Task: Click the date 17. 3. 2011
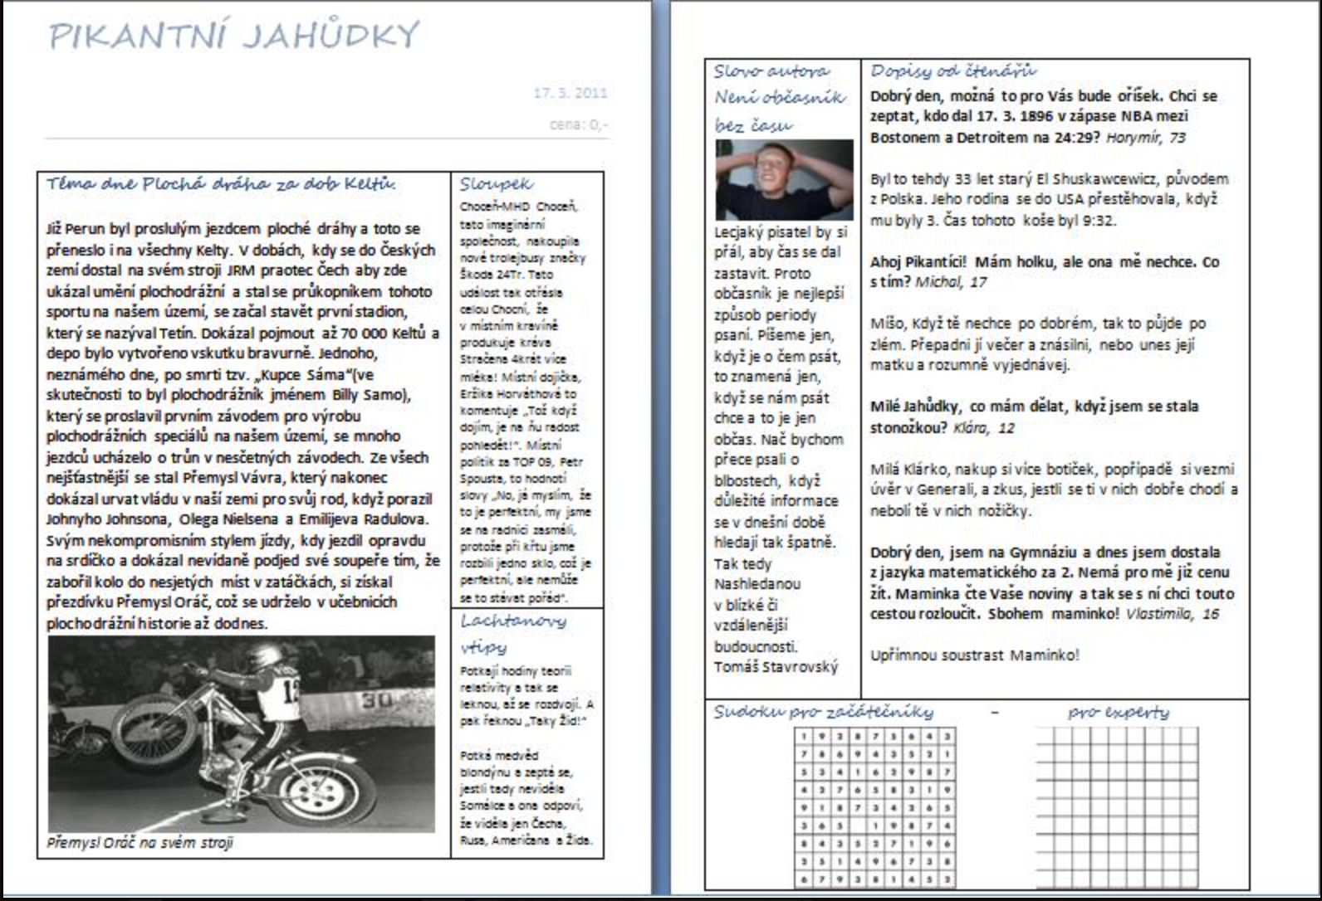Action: (570, 93)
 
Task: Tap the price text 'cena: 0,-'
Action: (579, 124)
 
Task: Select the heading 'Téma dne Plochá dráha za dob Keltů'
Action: (221, 184)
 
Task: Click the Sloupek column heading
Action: (496, 184)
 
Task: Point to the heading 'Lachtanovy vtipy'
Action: (512, 633)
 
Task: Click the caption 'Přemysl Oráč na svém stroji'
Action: (140, 843)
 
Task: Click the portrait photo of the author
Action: (784, 179)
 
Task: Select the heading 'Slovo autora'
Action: (770, 71)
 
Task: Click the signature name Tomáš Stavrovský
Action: (776, 666)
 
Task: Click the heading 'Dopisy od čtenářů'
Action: (952, 71)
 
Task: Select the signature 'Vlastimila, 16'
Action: (1173, 614)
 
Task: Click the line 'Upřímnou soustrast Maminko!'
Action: (974, 655)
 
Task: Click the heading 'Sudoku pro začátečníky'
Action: (823, 712)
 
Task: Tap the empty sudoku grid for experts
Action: (1117, 806)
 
